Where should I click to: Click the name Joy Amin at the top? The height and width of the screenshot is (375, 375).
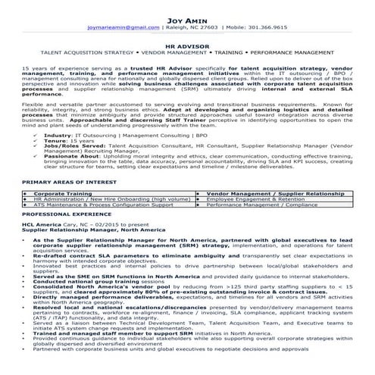(x=187, y=11)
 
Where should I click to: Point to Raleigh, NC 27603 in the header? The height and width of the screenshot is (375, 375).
(x=197, y=26)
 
